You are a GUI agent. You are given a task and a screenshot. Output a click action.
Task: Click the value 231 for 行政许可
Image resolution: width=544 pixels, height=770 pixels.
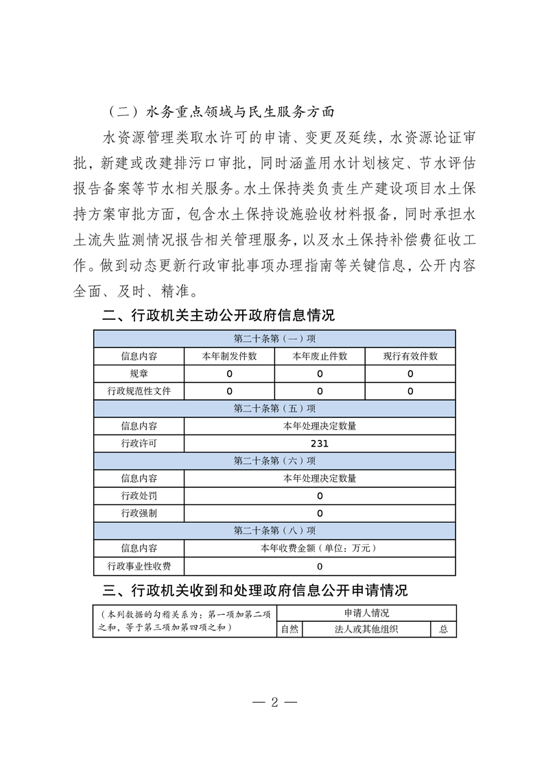[320, 443]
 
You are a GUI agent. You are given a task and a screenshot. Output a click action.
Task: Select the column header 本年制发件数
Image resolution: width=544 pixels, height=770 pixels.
[229, 356]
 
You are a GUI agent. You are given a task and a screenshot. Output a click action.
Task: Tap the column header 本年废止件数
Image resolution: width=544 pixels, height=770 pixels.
[320, 356]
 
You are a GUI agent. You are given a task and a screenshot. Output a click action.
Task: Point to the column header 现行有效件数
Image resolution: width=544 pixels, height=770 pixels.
[410, 356]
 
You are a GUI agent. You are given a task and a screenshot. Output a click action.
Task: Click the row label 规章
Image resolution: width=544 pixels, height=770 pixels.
[139, 374]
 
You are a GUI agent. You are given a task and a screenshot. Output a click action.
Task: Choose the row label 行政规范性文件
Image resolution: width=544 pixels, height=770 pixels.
[139, 391]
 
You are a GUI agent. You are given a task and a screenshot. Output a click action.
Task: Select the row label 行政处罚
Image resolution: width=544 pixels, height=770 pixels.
[139, 495]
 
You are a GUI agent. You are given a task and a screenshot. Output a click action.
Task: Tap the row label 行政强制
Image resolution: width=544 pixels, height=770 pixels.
[139, 513]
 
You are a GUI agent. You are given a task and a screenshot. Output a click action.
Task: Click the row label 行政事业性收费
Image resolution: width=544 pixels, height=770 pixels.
[139, 566]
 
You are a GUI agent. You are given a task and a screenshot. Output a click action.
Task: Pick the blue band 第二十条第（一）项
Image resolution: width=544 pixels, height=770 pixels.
[274, 339]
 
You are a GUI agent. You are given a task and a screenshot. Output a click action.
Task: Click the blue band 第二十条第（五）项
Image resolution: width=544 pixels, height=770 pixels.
[274, 408]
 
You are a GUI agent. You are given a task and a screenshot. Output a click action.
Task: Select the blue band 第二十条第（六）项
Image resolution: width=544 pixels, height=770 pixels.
[274, 460]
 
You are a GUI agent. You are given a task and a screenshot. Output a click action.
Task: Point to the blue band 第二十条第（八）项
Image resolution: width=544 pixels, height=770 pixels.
[274, 530]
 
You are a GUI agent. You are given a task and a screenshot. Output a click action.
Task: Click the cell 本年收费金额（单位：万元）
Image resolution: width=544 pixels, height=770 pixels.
[320, 548]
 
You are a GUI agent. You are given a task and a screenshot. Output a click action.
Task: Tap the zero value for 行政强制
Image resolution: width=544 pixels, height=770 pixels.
[320, 513]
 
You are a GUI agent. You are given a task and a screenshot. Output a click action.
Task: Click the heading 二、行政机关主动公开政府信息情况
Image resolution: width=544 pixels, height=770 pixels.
[217, 316]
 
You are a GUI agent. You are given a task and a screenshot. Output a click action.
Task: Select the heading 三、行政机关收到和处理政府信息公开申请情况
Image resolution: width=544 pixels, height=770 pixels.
[255, 590]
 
